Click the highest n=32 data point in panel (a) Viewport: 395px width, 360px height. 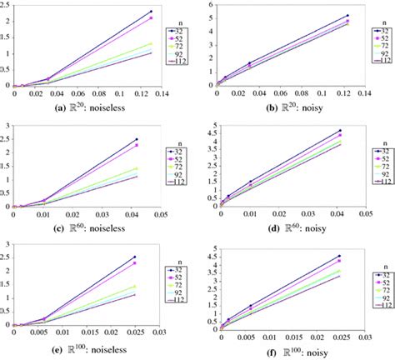(x=151, y=12)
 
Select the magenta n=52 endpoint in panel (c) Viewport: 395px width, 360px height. (x=136, y=145)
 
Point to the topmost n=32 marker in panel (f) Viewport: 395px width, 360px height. (x=338, y=256)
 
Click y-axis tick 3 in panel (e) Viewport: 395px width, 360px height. (x=6, y=244)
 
